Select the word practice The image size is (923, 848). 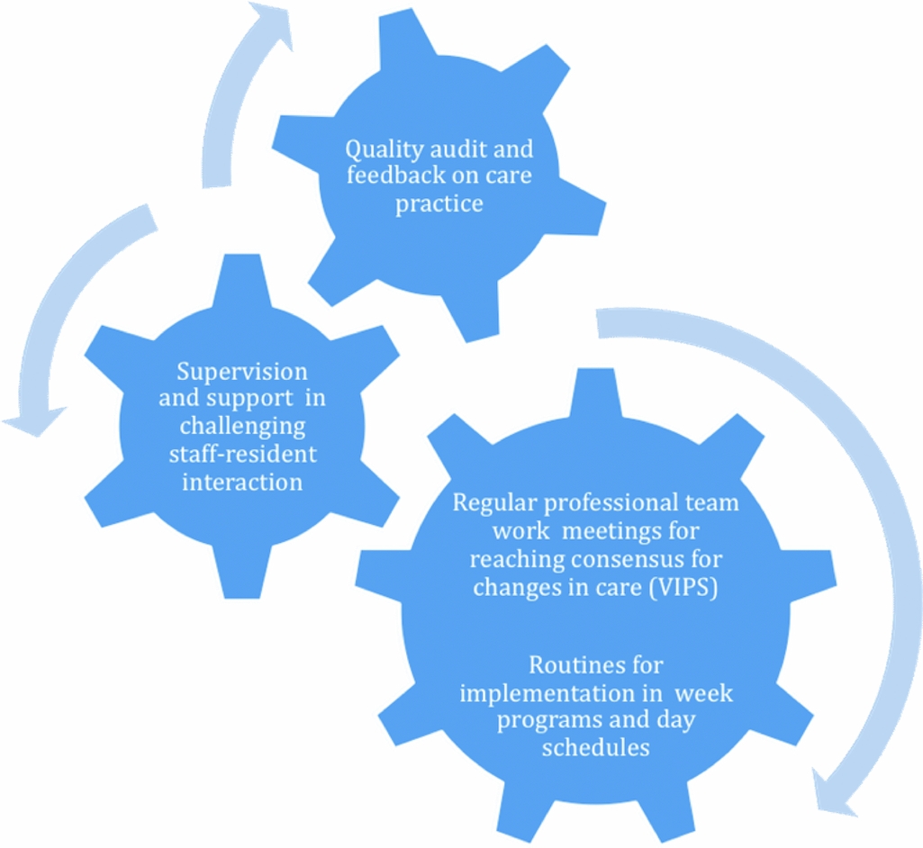pyautogui.click(x=439, y=203)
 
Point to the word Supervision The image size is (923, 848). pyautogui.click(x=242, y=372)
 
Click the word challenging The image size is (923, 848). pyautogui.click(x=242, y=426)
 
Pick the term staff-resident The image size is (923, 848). pyautogui.click(x=242, y=453)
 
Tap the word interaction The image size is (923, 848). pyautogui.click(x=242, y=482)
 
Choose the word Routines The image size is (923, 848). pyautogui.click(x=595, y=665)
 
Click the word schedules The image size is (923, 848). pyautogui.click(x=595, y=748)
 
